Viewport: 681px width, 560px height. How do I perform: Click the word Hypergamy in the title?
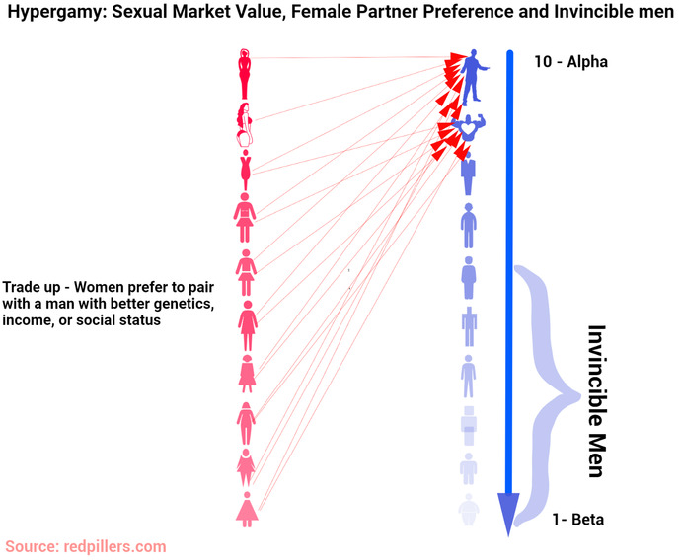(x=56, y=12)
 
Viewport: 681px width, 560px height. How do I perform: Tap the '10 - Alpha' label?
(x=570, y=62)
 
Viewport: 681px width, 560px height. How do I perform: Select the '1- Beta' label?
(x=577, y=520)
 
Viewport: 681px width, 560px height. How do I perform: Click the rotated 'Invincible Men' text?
(x=597, y=401)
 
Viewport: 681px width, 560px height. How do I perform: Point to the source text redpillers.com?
(x=114, y=546)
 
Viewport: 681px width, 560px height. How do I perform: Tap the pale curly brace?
(x=547, y=394)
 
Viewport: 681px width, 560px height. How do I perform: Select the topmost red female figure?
(x=245, y=74)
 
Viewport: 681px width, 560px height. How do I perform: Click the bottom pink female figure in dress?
(x=247, y=510)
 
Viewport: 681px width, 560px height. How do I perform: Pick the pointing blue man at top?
(x=474, y=75)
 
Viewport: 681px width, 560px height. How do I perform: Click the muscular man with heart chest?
(x=468, y=127)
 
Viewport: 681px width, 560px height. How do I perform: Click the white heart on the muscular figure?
(x=468, y=128)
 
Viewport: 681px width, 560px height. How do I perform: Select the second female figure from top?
(x=245, y=125)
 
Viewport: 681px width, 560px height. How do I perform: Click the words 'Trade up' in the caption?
(x=32, y=287)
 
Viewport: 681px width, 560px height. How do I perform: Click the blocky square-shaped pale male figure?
(x=469, y=426)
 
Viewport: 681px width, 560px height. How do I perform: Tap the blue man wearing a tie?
(x=468, y=174)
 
